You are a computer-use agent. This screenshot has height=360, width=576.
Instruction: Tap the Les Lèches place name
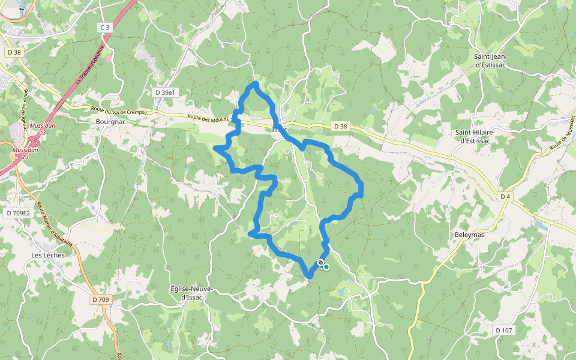tap(48, 255)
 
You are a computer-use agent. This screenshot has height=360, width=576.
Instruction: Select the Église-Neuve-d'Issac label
tap(192, 292)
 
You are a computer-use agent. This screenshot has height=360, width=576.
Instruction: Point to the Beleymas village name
tap(469, 235)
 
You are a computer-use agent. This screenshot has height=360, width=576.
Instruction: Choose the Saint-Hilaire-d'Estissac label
tap(478, 136)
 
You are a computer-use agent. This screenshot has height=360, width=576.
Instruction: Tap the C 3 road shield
tap(105, 28)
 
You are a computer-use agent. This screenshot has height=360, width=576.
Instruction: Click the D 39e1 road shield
tap(165, 92)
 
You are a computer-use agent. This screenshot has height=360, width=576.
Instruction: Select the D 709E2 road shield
tap(17, 213)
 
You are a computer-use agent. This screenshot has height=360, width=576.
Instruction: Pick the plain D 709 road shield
tap(101, 299)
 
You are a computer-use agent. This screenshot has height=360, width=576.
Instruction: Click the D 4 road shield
tap(505, 196)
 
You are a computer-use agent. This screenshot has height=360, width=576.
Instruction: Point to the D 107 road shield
tap(505, 330)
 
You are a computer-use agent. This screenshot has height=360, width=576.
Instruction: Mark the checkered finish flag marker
tap(321, 262)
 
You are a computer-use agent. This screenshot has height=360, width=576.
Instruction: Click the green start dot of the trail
tap(326, 267)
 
